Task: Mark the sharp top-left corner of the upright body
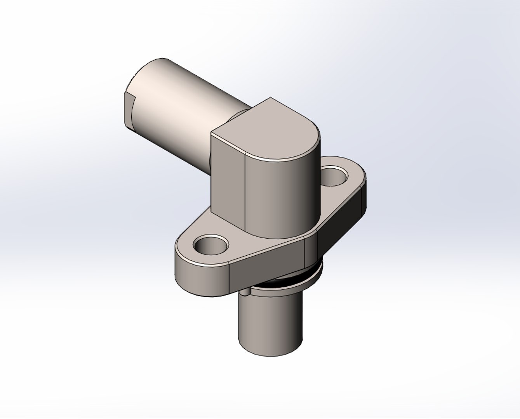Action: pos(211,133)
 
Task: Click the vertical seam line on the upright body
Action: pos(245,194)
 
